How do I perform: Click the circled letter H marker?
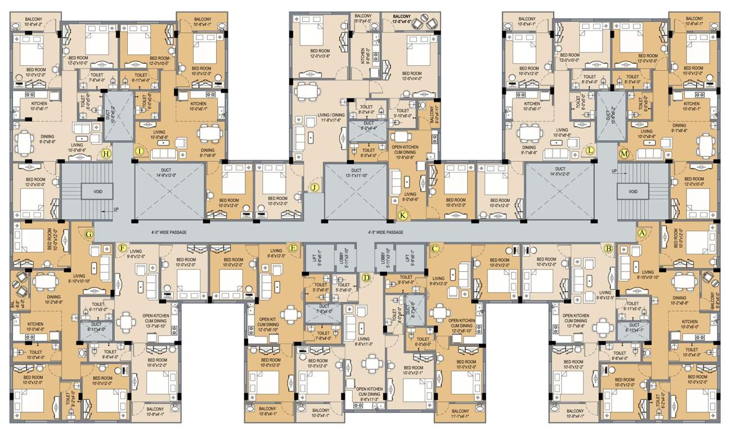point(105,153)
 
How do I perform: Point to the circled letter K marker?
point(402,214)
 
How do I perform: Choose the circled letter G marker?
point(88,233)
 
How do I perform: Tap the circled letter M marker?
point(623,153)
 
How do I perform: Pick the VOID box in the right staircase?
point(633,192)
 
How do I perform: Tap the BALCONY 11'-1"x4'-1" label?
point(460,413)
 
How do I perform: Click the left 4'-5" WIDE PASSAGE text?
point(169,232)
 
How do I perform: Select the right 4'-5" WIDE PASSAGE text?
point(385,232)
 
